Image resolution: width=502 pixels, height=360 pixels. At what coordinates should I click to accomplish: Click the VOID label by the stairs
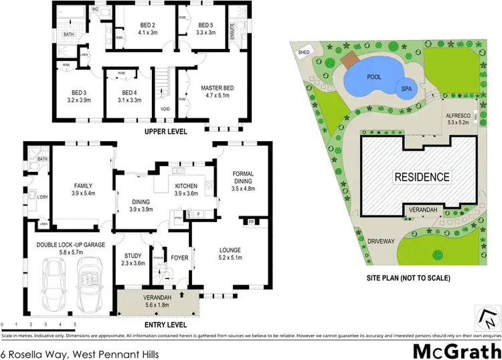pyautogui.click(x=165, y=109)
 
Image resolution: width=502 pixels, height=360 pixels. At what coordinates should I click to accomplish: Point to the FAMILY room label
pyautogui.click(x=83, y=185)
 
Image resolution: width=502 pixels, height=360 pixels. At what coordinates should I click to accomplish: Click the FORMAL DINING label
pyautogui.click(x=242, y=178)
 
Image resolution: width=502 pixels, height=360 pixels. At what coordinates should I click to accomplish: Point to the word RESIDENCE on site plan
pyautogui.click(x=421, y=177)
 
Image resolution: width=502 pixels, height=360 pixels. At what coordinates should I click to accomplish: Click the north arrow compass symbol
pyautogui.click(x=486, y=313)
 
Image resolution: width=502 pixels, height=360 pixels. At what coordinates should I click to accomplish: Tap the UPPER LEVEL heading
pyautogui.click(x=165, y=131)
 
